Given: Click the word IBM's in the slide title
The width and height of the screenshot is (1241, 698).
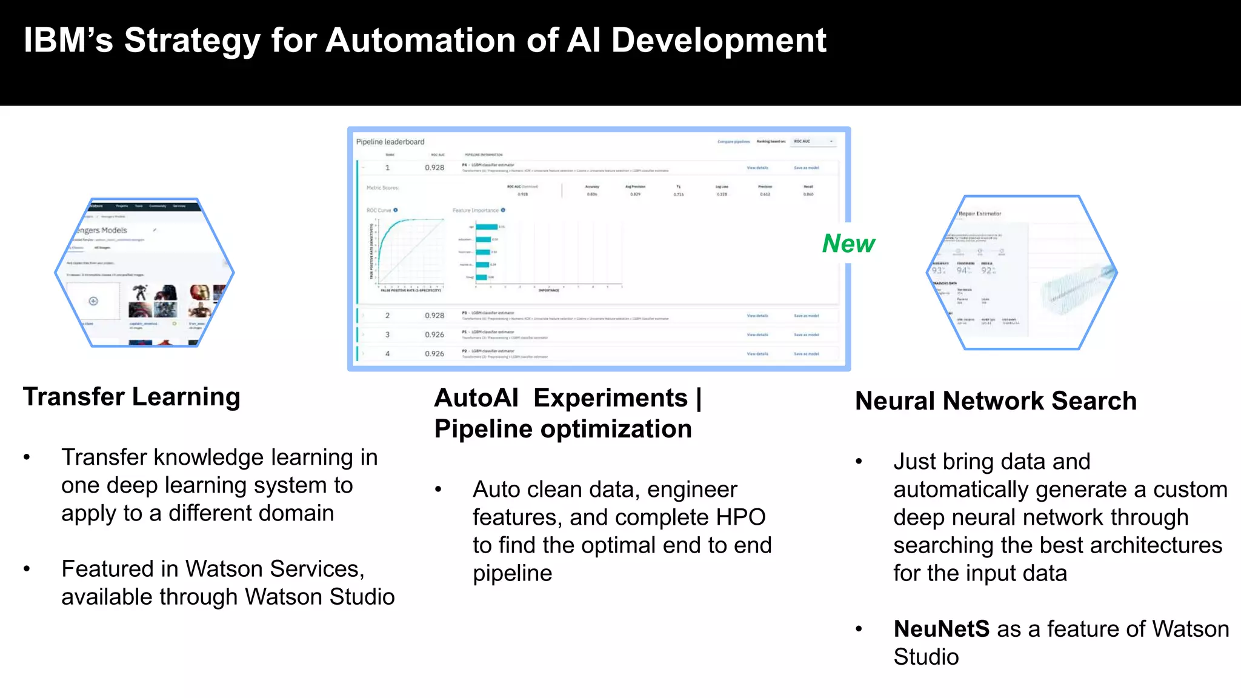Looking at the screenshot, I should tap(68, 41).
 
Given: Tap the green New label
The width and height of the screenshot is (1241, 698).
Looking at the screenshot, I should tap(848, 244).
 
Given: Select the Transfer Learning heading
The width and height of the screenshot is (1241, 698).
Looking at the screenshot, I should tap(131, 397).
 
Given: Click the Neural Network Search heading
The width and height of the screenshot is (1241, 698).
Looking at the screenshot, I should tap(996, 401).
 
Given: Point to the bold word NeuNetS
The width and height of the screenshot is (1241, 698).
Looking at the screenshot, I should tap(941, 629).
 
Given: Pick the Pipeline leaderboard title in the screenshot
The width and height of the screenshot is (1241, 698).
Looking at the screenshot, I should tap(390, 142).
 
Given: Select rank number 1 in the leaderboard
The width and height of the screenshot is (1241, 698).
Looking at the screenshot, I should tap(388, 168).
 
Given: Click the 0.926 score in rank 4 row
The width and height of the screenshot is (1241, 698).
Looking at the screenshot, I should tap(434, 354).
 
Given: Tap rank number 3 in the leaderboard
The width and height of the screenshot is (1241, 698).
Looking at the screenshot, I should tap(388, 334).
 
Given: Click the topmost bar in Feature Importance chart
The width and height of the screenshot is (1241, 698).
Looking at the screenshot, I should tap(487, 227).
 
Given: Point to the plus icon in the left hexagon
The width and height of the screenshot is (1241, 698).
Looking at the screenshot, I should tap(93, 301).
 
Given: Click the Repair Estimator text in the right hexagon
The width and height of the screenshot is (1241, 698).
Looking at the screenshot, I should tap(980, 214).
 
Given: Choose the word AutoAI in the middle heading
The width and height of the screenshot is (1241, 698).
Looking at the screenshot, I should tap(476, 398).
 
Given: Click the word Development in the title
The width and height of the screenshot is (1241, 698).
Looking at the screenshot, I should tap(719, 41).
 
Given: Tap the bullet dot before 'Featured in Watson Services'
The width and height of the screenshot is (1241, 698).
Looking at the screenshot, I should tap(27, 569).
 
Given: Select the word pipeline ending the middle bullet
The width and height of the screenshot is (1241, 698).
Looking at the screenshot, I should tap(513, 573).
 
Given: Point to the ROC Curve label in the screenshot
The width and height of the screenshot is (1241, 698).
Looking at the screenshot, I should tap(379, 210).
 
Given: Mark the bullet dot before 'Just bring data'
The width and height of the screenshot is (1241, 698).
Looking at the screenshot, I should tap(859, 462).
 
